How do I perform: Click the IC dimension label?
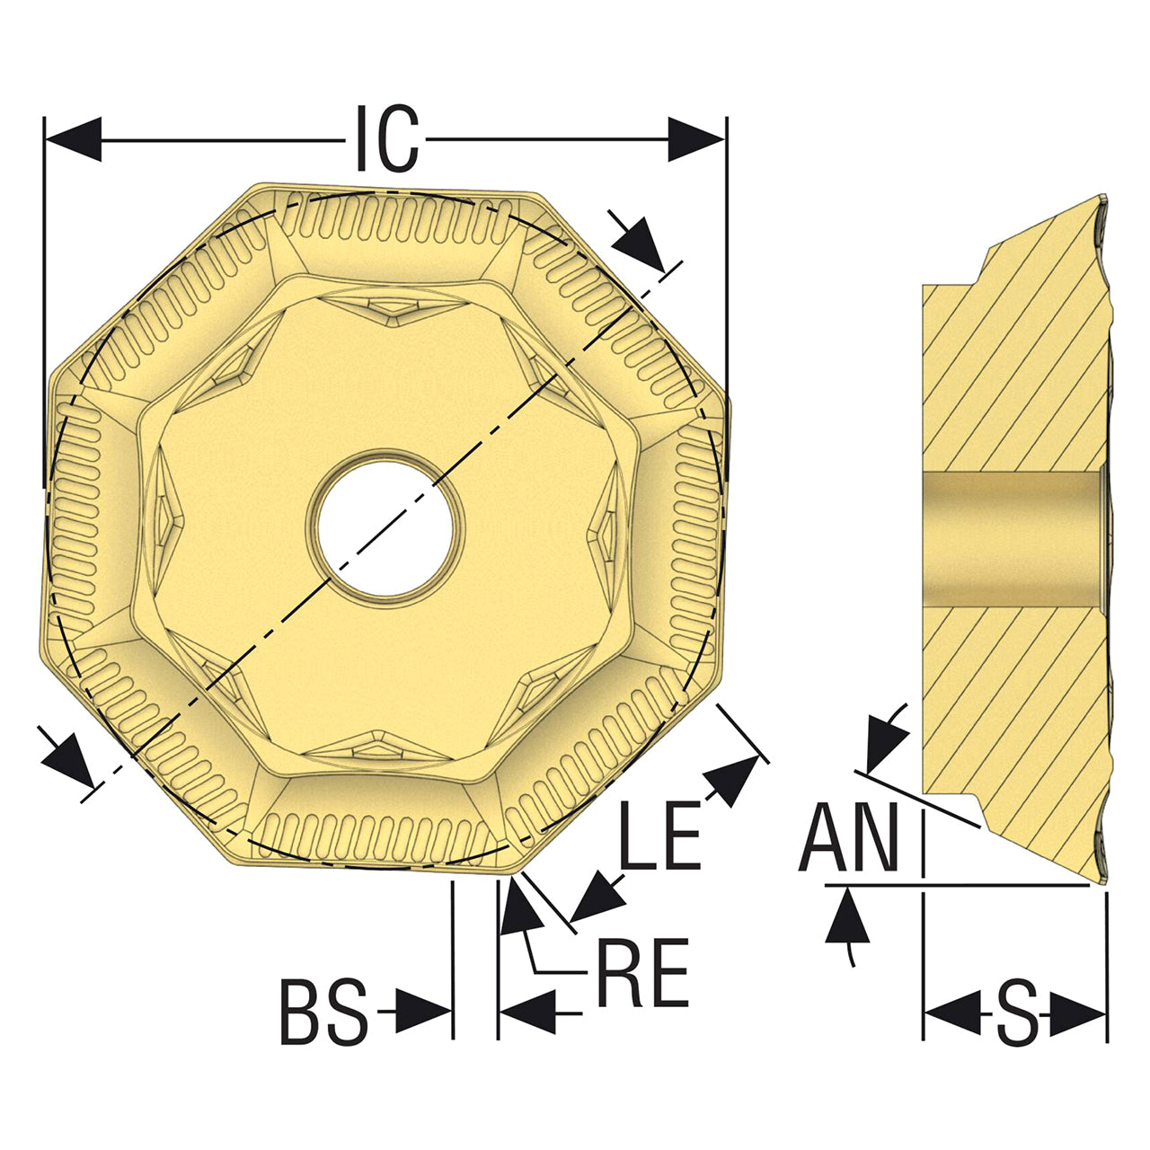387,138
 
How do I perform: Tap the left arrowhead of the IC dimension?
74,139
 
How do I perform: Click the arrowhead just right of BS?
423,1013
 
